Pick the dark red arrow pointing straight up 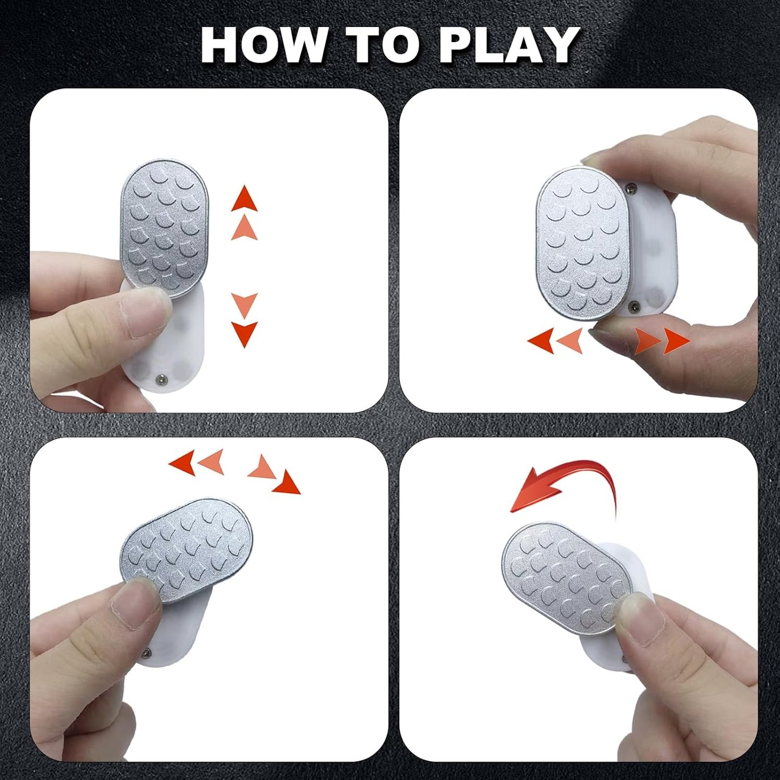coord(244,198)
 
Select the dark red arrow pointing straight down coord(244,334)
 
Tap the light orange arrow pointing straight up coord(244,227)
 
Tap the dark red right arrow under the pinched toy coord(677,341)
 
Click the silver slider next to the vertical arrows coord(165,229)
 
